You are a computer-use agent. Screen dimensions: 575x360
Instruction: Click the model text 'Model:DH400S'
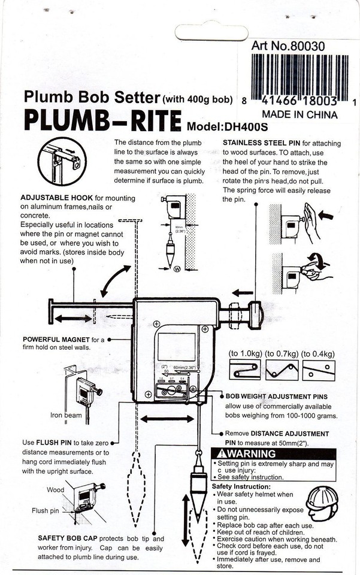click(x=228, y=126)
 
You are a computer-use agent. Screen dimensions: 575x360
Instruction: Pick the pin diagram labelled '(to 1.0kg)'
click(x=245, y=370)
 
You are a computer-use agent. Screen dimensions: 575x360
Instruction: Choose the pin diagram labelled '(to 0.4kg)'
click(x=318, y=370)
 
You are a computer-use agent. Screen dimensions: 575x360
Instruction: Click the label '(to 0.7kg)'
click(x=282, y=354)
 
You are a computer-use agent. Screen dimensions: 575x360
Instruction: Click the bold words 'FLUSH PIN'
click(x=55, y=443)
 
